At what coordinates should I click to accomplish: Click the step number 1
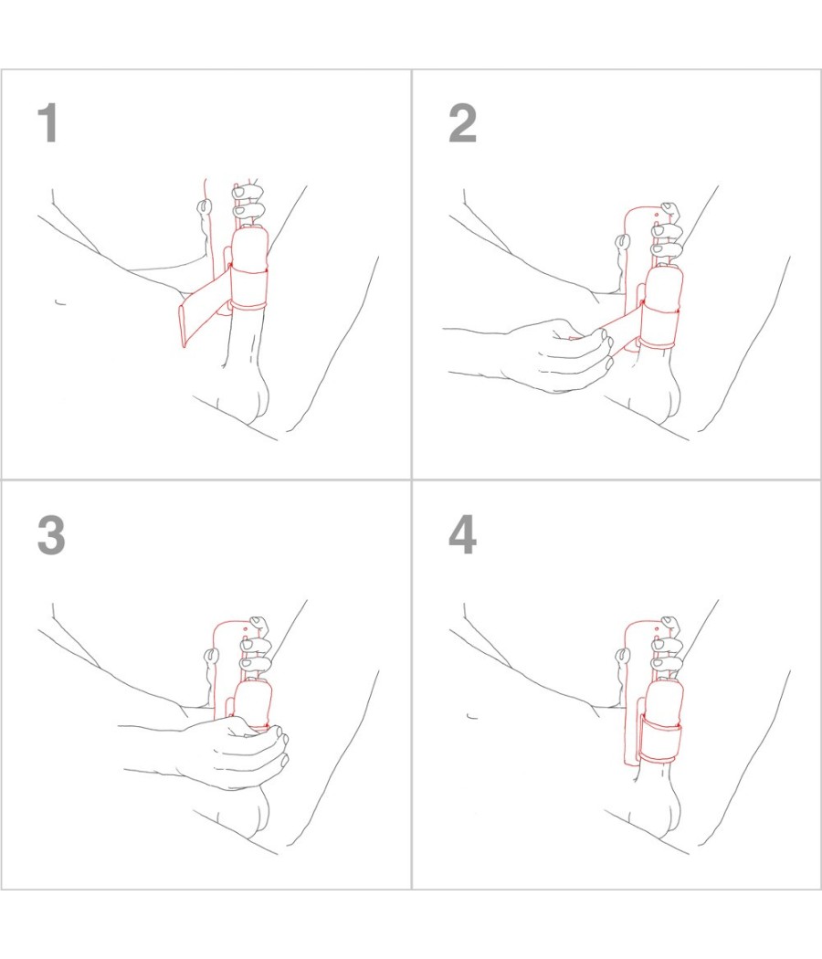(x=47, y=123)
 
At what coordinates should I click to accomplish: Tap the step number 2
(x=462, y=123)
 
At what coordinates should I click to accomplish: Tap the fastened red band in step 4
(x=659, y=739)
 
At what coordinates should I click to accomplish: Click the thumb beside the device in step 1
(x=204, y=214)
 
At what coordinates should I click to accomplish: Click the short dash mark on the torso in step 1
(x=59, y=303)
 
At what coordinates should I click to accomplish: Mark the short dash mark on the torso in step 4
(x=470, y=716)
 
